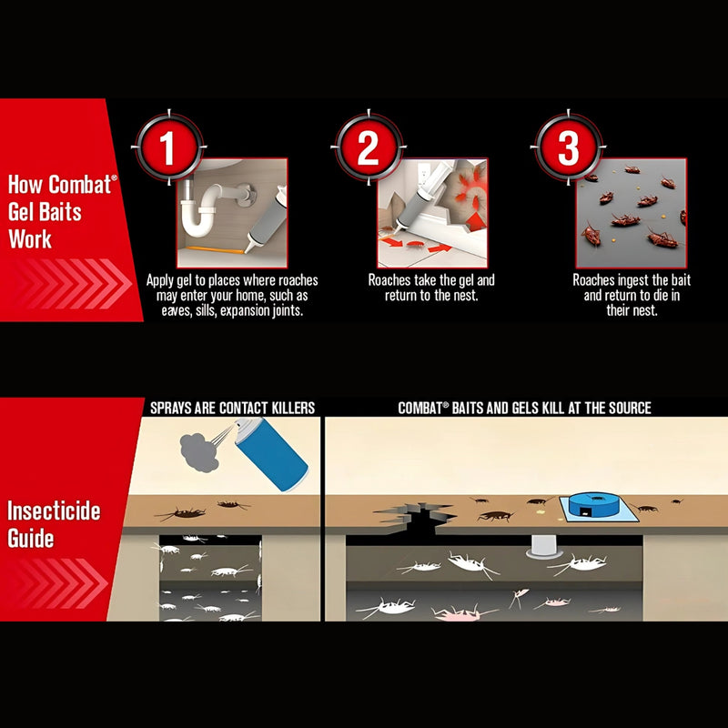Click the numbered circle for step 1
click(168, 147)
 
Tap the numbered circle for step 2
click(369, 147)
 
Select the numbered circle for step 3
click(568, 147)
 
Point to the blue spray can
click(271, 454)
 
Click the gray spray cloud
click(198, 453)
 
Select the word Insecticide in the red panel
click(54, 511)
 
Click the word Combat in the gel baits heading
click(80, 185)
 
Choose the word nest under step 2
click(467, 295)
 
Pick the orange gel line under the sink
click(215, 249)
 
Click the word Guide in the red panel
click(31, 539)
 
